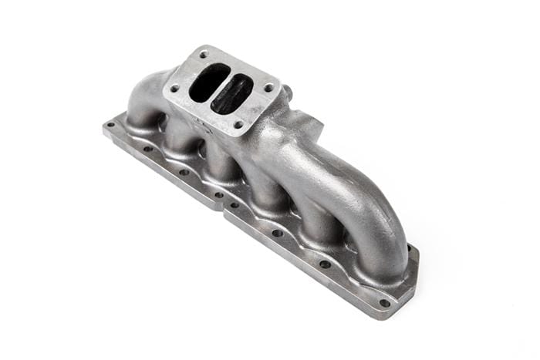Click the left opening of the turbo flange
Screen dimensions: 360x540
206,82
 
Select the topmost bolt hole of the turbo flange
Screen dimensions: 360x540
204,55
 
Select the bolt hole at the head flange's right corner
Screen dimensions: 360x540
383,302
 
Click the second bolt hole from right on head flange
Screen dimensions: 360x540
325,264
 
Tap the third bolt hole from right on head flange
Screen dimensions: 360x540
277,233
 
